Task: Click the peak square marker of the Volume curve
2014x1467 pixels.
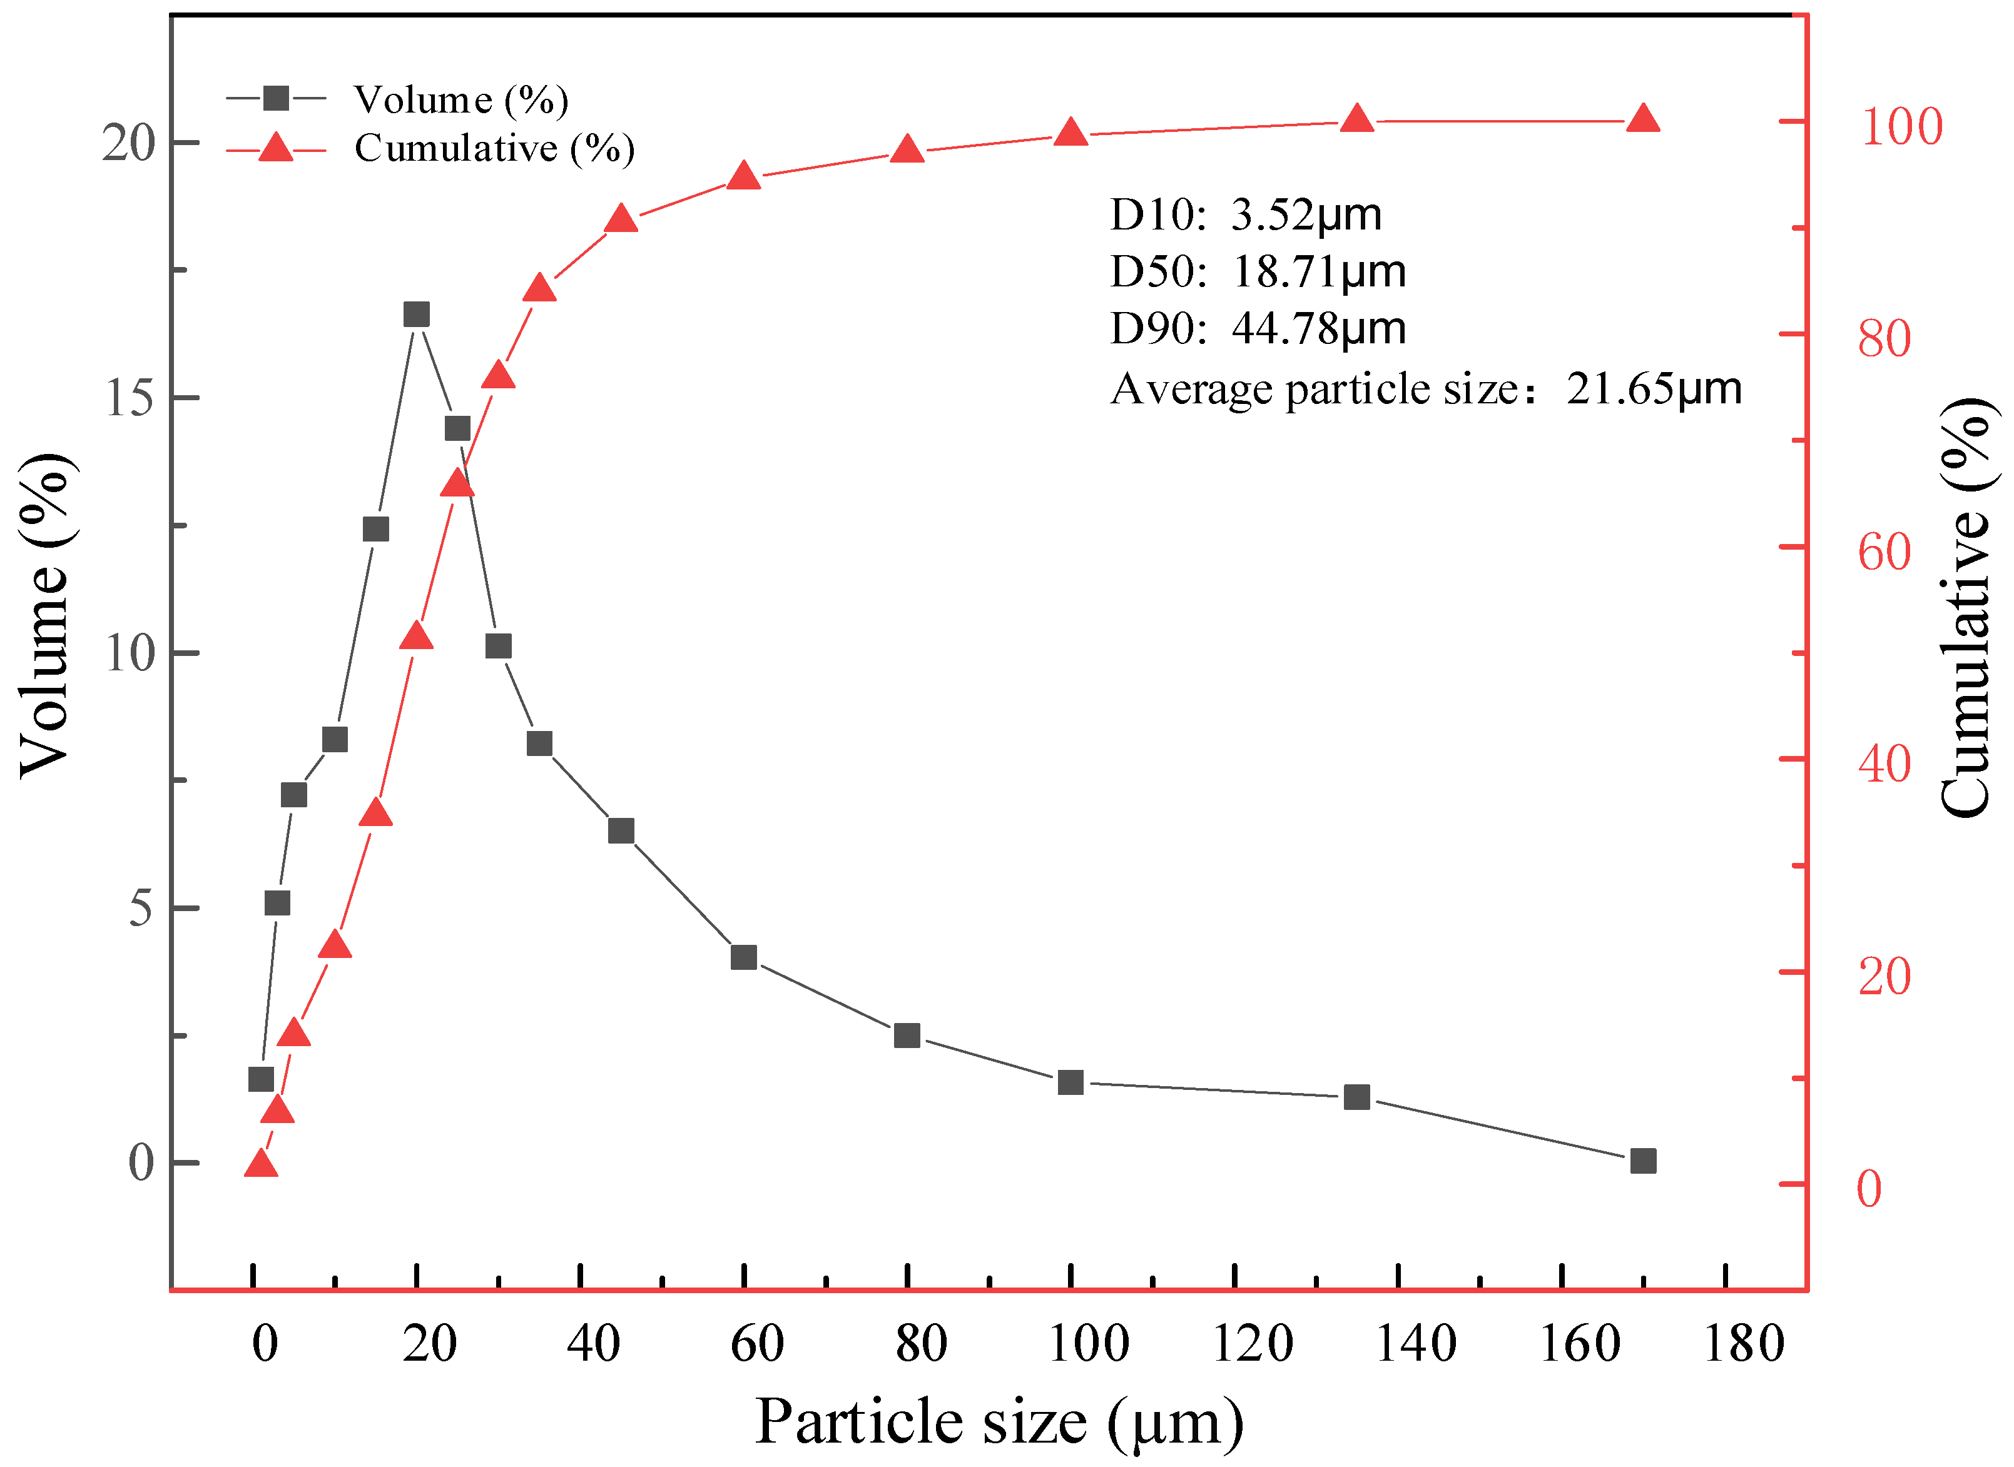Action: [x=417, y=315]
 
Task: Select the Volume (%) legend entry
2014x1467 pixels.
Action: [x=460, y=99]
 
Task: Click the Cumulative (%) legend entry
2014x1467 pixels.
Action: [x=494, y=148]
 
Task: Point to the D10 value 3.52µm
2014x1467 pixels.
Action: [x=1305, y=215]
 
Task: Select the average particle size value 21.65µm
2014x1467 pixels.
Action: [x=1652, y=389]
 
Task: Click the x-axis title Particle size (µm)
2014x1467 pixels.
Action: [x=999, y=1421]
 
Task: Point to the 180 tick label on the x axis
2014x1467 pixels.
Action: [x=1743, y=1344]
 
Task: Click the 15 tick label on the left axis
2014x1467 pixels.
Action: [x=130, y=399]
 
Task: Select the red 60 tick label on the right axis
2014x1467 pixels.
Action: [x=1883, y=552]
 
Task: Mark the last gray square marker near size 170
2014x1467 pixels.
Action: [x=1642, y=1161]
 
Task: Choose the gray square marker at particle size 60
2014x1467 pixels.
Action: [x=743, y=957]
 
